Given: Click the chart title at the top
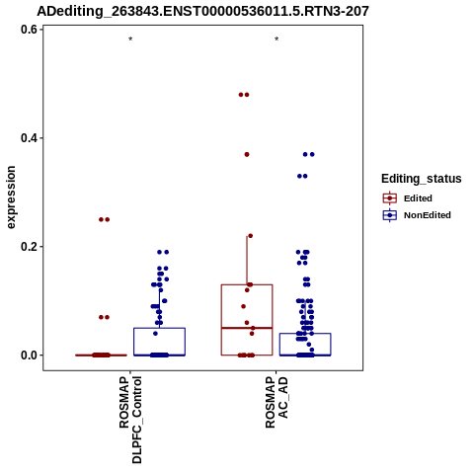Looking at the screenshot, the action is click(x=202, y=11).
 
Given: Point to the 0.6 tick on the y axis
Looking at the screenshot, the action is click(x=29, y=30).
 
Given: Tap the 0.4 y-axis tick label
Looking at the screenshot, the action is click(x=29, y=138).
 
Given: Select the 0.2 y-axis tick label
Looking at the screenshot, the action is click(x=29, y=247).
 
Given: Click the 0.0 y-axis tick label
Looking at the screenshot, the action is click(x=29, y=355).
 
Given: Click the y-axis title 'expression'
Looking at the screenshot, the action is click(x=11, y=197).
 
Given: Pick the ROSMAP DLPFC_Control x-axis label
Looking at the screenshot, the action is click(x=130, y=420).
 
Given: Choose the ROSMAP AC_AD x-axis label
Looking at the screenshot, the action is click(x=276, y=402).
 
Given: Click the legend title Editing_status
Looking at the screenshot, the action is click(x=422, y=179).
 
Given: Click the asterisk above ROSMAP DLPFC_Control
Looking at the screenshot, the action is click(x=130, y=39).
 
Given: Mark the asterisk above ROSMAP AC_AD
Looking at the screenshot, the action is click(x=276, y=39).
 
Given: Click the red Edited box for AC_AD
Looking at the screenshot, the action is click(x=221, y=319).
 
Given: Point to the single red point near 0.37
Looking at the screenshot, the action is click(x=247, y=154).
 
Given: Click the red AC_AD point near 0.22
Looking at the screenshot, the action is click(x=250, y=236).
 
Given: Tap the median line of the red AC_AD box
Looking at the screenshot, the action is click(x=247, y=328).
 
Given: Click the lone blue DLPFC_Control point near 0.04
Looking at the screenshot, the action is click(x=155, y=334).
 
